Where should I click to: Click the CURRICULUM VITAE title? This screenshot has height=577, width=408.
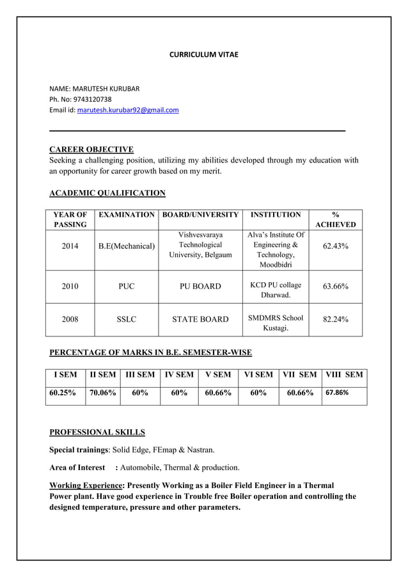point(203,55)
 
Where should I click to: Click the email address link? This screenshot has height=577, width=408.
point(128,111)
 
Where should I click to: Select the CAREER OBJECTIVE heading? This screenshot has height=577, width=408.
point(91,150)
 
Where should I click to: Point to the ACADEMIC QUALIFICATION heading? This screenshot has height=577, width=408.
point(107,193)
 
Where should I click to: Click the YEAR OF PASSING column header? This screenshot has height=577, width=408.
point(70,219)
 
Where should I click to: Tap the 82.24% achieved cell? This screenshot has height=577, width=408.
point(335,319)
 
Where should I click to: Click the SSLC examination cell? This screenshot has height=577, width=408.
point(127,319)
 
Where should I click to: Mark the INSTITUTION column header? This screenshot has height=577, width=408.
point(275,215)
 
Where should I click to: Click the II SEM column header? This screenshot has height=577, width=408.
point(102,375)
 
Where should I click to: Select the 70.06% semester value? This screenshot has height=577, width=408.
point(102,393)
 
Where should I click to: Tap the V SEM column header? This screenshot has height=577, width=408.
point(218,375)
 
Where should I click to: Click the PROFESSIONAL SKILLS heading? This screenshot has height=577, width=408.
point(97,432)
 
